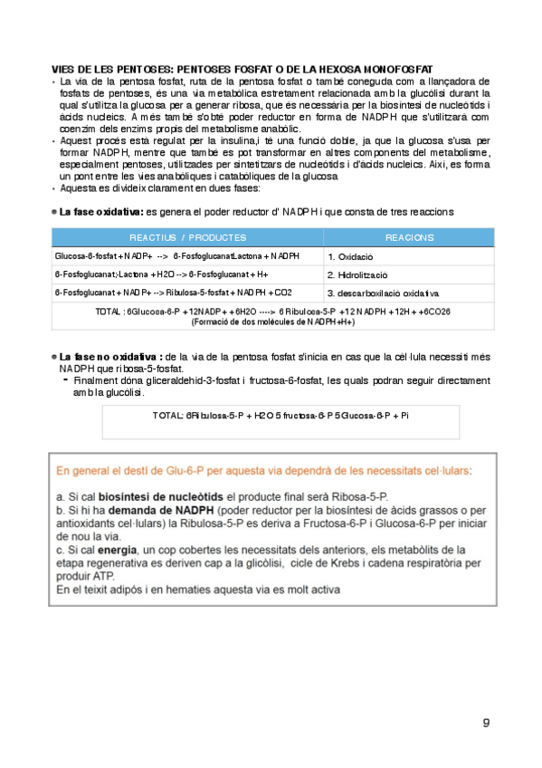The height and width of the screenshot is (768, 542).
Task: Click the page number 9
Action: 486,722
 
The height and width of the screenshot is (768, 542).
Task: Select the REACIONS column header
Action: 409,237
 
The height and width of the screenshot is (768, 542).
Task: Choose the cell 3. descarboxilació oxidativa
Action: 383,293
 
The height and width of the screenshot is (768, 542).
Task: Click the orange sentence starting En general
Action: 263,471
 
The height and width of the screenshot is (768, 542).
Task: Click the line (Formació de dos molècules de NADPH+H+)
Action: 272,322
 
